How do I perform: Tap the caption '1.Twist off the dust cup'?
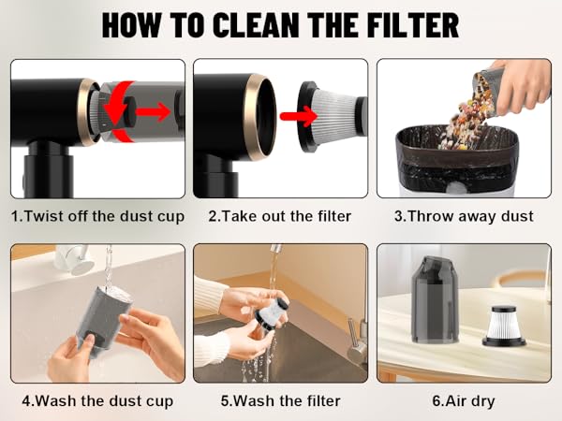click(97, 216)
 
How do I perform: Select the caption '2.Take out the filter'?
click(280, 216)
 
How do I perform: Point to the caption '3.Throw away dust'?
click(464, 216)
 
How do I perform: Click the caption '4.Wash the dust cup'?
click(97, 401)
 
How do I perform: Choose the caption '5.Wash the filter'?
click(280, 401)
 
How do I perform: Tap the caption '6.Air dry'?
click(464, 401)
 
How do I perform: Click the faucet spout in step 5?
click(274, 255)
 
